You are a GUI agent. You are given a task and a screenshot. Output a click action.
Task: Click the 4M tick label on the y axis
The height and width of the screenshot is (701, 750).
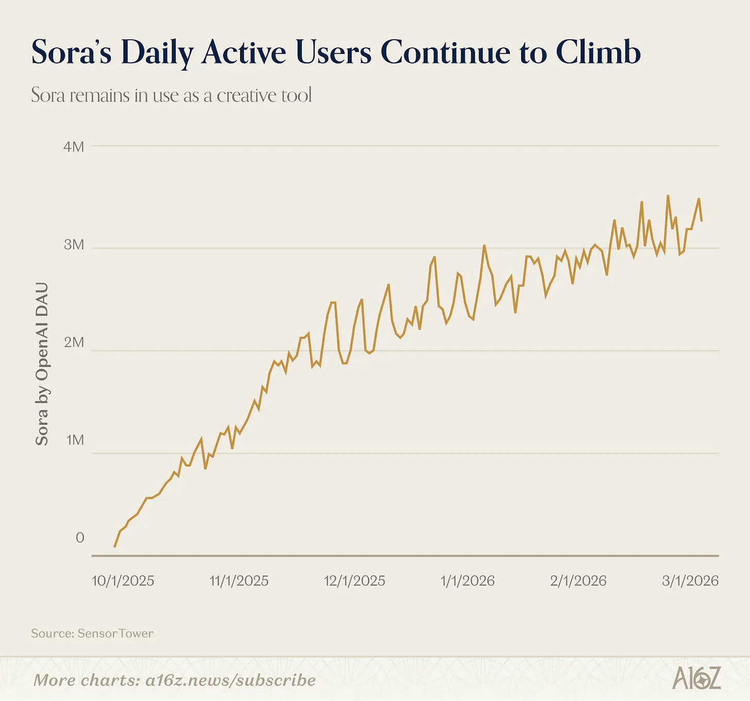[x=74, y=146]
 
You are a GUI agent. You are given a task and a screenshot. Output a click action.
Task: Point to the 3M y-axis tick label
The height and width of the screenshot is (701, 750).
[x=74, y=245]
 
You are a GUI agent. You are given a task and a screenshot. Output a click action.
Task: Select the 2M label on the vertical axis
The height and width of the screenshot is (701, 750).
[x=74, y=342]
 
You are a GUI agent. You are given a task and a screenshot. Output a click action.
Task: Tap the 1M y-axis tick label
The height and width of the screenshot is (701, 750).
[x=75, y=440]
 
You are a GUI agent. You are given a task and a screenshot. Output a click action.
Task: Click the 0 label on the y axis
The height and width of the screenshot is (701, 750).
[x=80, y=538]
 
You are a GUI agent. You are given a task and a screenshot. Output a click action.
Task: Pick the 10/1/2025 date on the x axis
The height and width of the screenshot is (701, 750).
[x=123, y=581]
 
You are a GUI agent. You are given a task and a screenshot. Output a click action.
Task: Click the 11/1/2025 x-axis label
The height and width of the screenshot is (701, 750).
[x=239, y=581]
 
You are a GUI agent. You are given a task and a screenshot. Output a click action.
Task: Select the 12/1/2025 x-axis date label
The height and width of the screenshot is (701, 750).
[x=354, y=581]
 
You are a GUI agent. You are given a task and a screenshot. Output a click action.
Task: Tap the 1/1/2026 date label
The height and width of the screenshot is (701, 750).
[x=468, y=581]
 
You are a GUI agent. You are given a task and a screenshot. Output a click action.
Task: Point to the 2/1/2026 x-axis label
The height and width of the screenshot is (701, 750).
[x=578, y=581]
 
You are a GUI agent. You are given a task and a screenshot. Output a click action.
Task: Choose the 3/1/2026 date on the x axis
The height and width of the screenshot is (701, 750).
[x=690, y=581]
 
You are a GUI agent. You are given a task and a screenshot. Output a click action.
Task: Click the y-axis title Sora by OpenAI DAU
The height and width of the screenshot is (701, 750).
[x=42, y=364]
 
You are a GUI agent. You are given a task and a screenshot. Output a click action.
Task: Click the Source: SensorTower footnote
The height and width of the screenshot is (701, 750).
[x=92, y=633]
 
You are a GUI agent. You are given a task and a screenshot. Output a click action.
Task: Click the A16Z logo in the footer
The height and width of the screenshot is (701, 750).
[x=696, y=678]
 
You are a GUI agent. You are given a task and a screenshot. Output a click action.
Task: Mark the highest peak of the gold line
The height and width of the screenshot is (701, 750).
[x=668, y=196]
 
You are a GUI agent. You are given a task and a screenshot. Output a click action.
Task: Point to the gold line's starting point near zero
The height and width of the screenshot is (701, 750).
[x=114, y=546]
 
